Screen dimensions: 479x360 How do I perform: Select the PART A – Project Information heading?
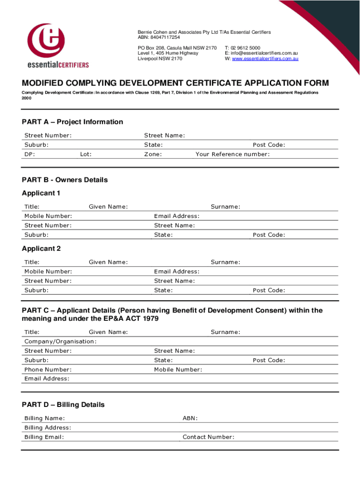72,122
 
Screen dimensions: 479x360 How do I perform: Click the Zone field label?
153,154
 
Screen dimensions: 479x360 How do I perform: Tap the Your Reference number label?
232,154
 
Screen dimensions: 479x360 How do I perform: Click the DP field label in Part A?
29,154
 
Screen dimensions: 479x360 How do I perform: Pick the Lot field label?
86,154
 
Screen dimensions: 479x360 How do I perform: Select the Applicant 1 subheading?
41,193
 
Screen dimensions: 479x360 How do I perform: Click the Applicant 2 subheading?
41,249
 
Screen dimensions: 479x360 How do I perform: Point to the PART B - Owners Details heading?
65,180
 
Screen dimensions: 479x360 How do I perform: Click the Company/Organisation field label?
60,341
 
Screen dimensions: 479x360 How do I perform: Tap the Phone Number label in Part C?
48,370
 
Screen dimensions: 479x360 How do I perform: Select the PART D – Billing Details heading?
63,405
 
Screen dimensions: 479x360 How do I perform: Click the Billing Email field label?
44,437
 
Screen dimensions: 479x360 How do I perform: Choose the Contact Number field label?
208,437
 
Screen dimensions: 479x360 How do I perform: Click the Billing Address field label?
48,428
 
